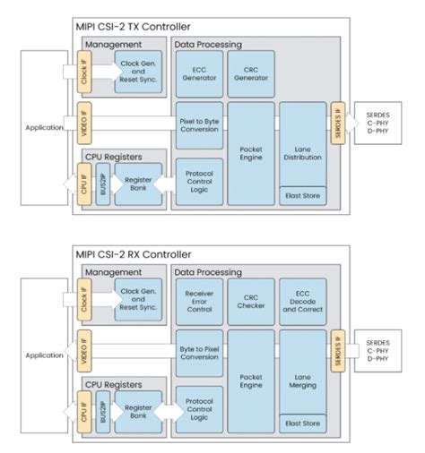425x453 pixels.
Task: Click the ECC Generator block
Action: (198, 73)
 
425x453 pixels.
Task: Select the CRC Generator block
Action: (250, 73)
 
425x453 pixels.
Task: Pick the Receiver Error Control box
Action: (198, 302)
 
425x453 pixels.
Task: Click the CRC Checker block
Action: (250, 302)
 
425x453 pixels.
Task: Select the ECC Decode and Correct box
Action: (303, 302)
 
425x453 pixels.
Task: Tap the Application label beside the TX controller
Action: (43, 127)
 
